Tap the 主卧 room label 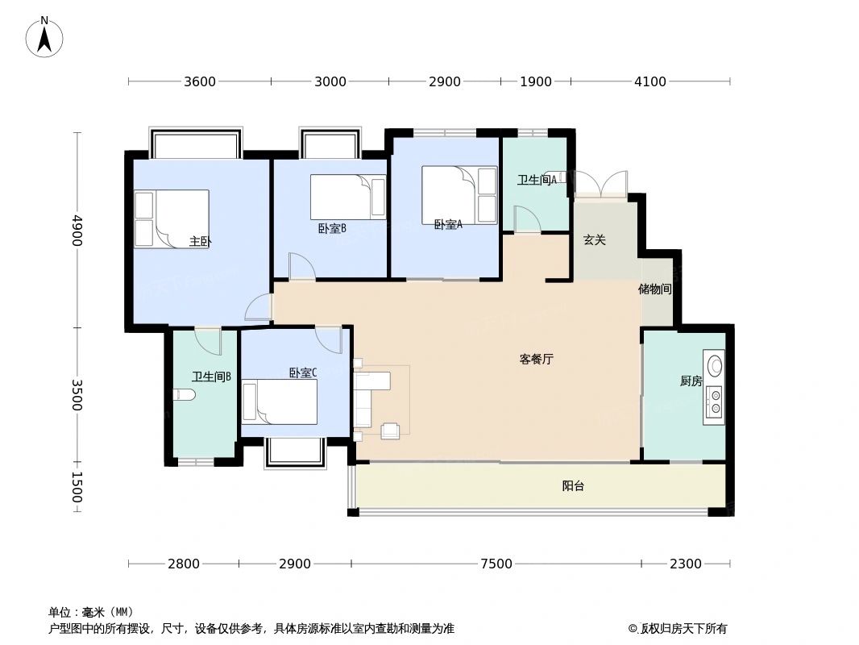(201, 241)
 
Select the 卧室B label (331, 228)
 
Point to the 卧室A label (448, 225)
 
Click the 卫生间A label (537, 181)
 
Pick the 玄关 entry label (595, 239)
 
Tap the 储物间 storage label (655, 289)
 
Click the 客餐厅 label (536, 360)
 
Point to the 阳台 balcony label (573, 486)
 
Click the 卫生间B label (212, 377)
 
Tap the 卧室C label (303, 373)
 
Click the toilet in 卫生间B (183, 394)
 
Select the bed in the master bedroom (172, 218)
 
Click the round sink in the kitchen (714, 363)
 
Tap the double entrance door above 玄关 (600, 185)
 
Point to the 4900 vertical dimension (77, 231)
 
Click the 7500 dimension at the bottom (496, 564)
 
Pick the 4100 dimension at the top (650, 81)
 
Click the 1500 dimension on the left (77, 488)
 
